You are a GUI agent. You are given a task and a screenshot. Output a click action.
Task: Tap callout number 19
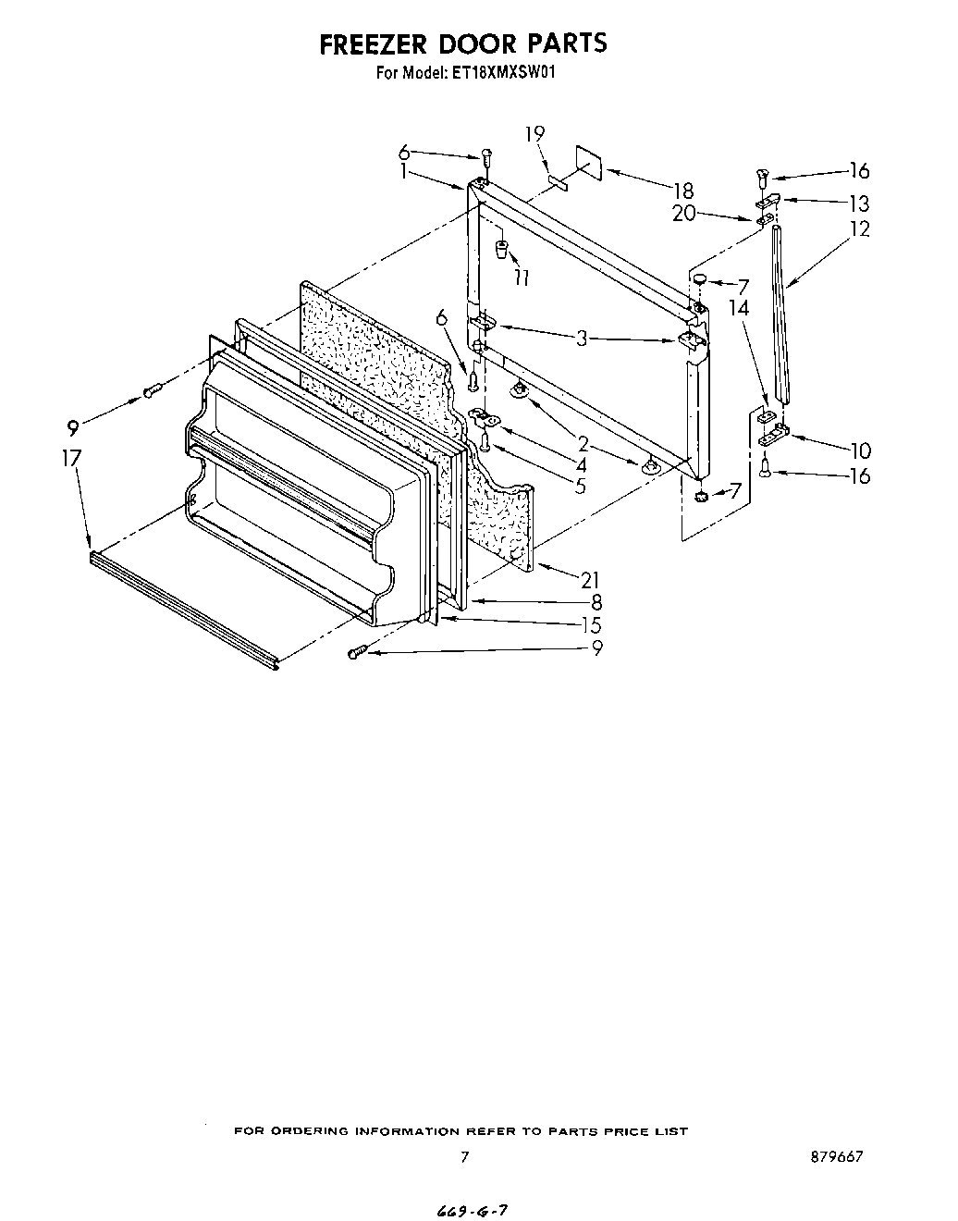[535, 134]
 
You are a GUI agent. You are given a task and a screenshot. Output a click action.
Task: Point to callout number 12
[859, 228]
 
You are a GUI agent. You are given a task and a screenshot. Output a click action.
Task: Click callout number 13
[859, 203]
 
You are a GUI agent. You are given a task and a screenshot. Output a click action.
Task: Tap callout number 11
[522, 277]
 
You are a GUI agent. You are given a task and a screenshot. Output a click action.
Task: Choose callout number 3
[581, 339]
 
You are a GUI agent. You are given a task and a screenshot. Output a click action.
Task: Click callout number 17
[72, 458]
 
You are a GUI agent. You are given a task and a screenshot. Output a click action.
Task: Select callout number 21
[590, 580]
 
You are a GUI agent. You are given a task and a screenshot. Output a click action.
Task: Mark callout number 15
[591, 624]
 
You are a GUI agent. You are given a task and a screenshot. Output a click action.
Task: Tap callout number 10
[860, 450]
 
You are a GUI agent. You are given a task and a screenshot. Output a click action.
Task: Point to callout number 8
[596, 602]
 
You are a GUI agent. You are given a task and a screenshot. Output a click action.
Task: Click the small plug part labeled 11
[500, 249]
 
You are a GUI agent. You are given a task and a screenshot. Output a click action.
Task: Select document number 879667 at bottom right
[839, 1157]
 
